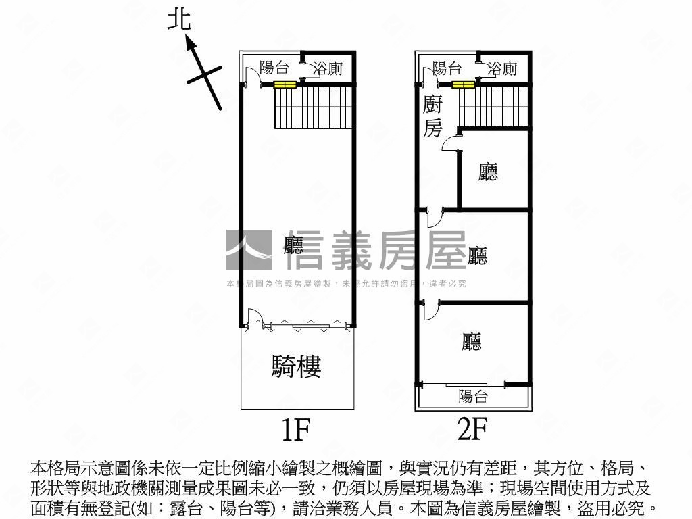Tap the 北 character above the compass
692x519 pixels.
[180, 20]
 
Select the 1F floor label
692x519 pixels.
[295, 428]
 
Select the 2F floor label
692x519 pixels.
[472, 428]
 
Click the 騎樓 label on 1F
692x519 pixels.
[296, 366]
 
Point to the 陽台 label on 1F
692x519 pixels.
[274, 68]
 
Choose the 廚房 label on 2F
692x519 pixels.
[433, 116]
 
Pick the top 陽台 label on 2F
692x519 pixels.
[447, 68]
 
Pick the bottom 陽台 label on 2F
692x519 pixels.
[472, 397]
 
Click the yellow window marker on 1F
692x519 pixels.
[285, 85]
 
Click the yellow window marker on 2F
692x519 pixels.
[464, 85]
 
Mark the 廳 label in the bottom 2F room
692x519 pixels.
[472, 342]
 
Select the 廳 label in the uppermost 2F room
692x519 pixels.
[487, 172]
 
